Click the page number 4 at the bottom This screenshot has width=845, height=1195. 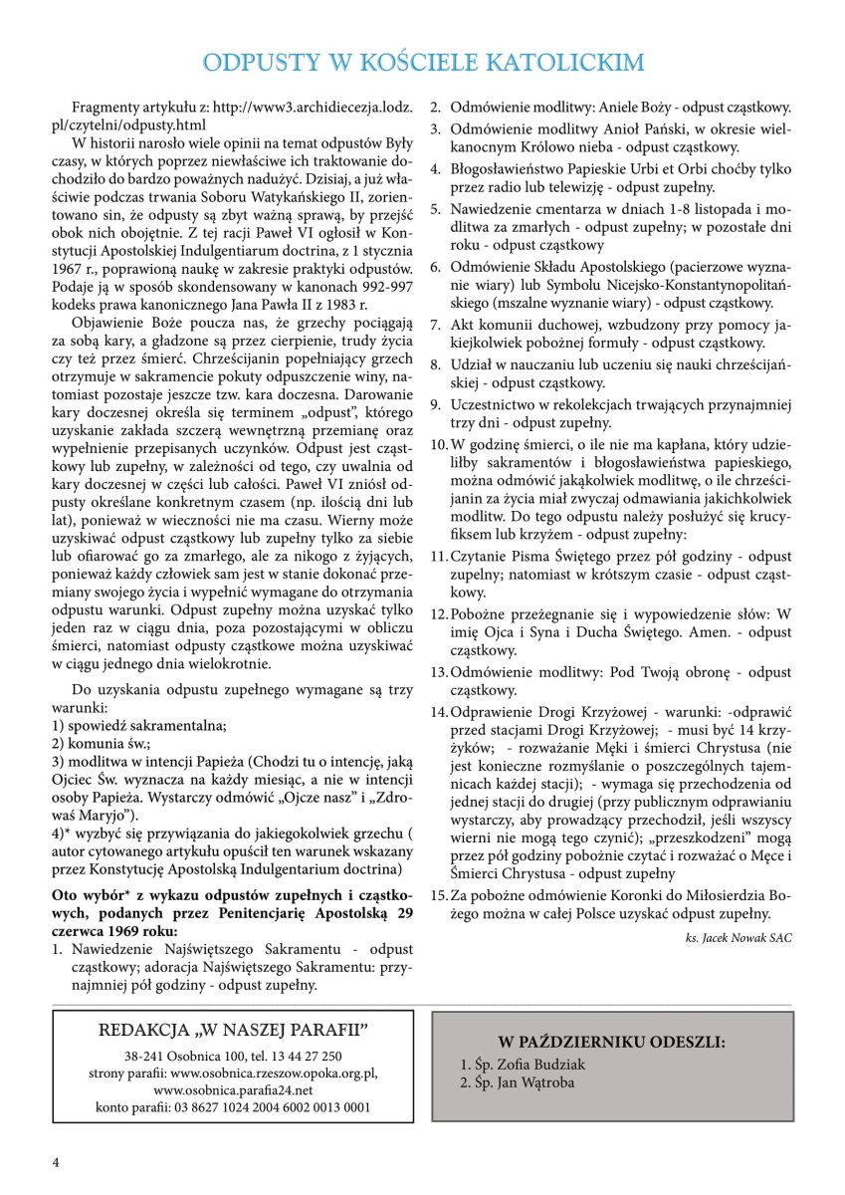(56, 1162)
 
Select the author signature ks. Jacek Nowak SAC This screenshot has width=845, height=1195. (739, 937)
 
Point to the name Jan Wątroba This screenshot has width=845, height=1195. (524, 1082)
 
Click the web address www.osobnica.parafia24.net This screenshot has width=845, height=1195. (234, 1089)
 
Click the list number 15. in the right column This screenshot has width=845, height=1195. (439, 893)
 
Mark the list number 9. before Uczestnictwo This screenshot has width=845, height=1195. (436, 404)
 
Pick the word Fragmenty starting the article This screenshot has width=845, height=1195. (104, 106)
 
